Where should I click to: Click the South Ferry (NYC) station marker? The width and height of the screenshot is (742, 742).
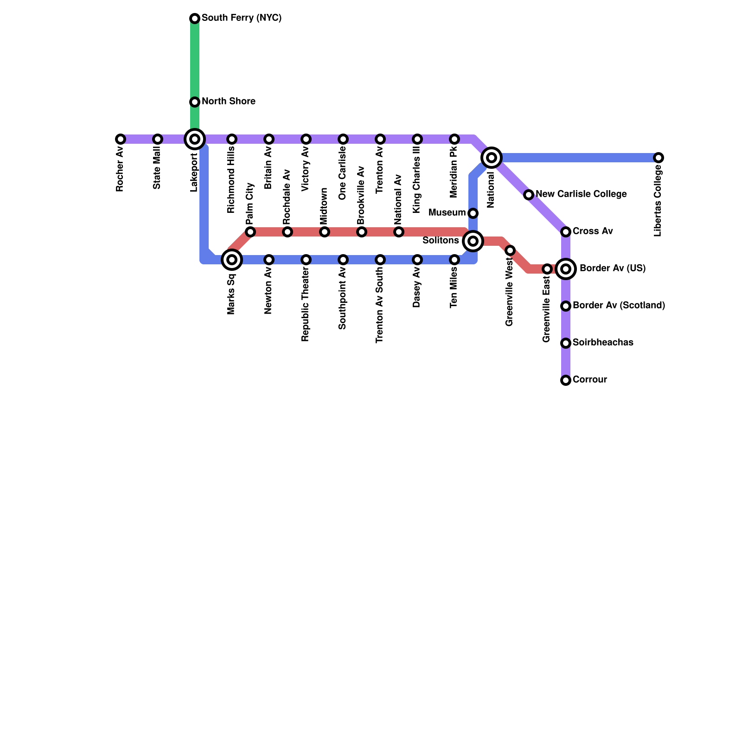pos(195,19)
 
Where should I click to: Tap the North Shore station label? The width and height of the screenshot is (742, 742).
pos(228,102)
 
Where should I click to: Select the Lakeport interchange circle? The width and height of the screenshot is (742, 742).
pos(195,139)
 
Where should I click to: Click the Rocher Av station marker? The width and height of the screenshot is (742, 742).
pos(121,139)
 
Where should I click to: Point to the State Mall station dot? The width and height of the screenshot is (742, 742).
pos(158,139)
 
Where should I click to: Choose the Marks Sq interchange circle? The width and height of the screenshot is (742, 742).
pos(232,259)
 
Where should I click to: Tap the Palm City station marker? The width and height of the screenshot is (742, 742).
pos(250,232)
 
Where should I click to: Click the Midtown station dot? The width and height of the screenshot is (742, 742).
pos(325,232)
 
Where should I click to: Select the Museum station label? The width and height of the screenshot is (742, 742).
pos(447,213)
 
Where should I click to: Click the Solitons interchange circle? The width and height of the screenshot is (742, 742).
pos(473,241)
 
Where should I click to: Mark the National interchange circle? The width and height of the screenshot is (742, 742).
pos(492,158)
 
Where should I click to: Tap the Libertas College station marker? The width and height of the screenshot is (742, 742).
pos(659,158)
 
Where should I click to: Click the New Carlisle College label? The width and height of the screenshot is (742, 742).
pos(581,194)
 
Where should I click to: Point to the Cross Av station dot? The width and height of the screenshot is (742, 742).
pos(566,232)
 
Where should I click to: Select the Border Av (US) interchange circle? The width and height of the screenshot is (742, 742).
pos(566,269)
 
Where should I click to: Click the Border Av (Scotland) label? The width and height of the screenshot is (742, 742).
pos(619,306)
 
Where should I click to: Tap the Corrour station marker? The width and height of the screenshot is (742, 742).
pos(566,380)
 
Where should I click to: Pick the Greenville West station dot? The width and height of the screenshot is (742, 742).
pos(510,250)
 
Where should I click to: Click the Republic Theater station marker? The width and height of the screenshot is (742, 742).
pos(306,260)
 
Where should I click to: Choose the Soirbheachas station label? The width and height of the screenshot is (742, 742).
pos(603,343)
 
